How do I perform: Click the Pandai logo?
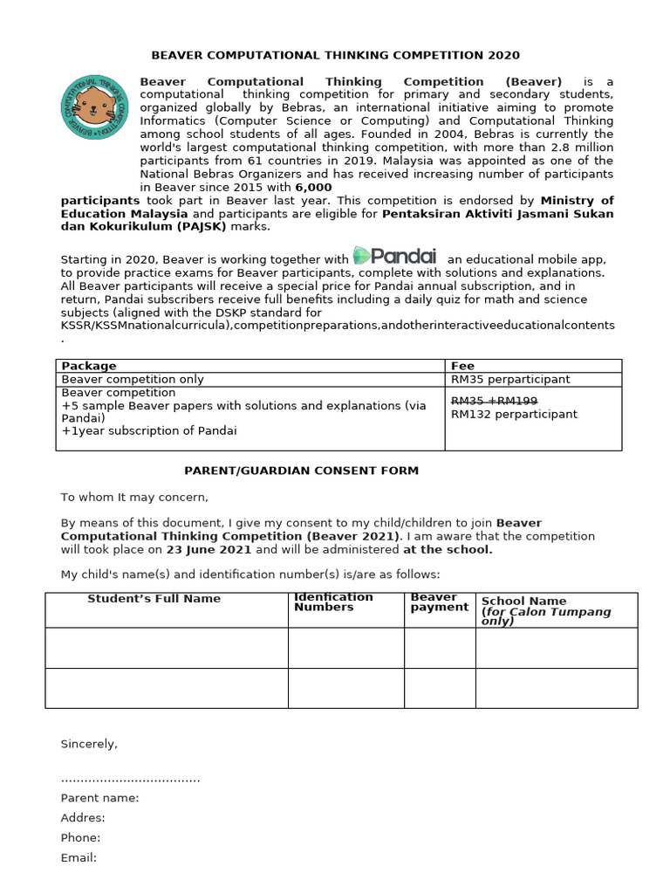tap(395, 256)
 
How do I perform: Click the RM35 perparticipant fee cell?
tap(509, 379)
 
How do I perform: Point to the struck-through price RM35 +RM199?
tap(494, 400)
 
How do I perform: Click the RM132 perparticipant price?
tap(513, 414)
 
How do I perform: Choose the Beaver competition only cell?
tap(133, 379)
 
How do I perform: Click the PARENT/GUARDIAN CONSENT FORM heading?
tap(301, 471)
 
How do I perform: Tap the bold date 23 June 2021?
tap(209, 550)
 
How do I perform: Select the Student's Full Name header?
tap(154, 599)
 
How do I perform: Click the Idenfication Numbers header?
tap(333, 602)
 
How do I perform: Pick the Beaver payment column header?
tap(439, 602)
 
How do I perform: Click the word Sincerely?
tap(88, 744)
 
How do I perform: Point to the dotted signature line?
tap(130, 779)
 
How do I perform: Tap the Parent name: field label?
tap(99, 797)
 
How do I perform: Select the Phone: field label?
tap(80, 837)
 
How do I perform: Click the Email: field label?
tap(79, 857)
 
